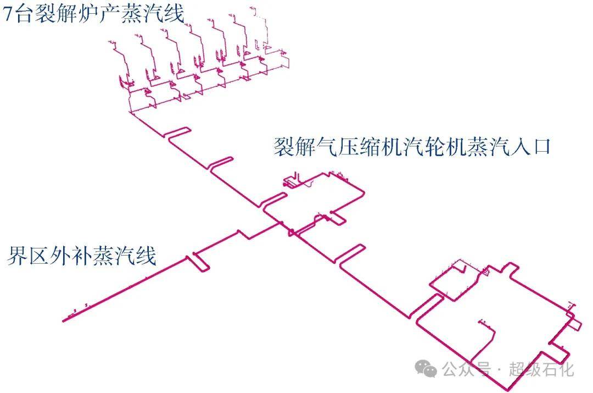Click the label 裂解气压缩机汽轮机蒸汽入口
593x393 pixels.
[x=412, y=147]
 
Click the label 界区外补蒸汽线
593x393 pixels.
[x=82, y=256]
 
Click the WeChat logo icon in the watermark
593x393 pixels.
[x=426, y=369]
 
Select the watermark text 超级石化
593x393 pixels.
[x=541, y=369]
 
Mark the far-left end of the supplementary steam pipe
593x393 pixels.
[x=64, y=319]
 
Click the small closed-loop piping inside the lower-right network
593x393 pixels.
[x=450, y=283]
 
